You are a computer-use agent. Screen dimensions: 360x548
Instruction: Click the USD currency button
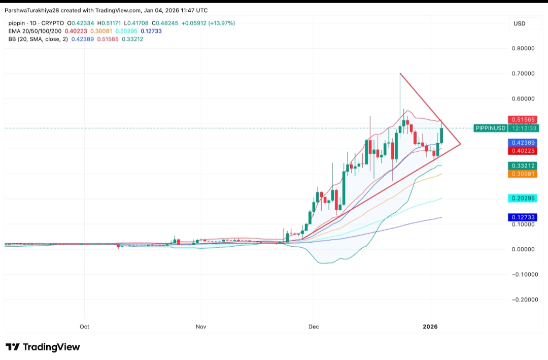[519, 23]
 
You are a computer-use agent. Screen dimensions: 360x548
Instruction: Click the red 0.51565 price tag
[523, 120]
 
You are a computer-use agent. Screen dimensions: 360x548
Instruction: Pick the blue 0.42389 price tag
[523, 143]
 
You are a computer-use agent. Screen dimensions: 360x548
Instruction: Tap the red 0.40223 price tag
[523, 151]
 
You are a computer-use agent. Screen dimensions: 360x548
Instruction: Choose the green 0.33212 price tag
[523, 166]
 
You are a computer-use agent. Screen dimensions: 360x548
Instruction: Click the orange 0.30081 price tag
[523, 174]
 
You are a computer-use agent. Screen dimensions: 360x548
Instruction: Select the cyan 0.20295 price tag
[523, 199]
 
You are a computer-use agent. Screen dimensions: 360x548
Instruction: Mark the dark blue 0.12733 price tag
[523, 217]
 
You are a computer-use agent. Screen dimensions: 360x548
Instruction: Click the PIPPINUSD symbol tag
[491, 128]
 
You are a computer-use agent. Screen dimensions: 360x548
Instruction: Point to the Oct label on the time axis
[84, 326]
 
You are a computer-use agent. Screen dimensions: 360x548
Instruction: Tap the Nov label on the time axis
[201, 326]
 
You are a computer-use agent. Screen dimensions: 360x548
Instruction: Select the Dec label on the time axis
[313, 326]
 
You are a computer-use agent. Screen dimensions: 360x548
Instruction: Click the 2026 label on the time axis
[430, 326]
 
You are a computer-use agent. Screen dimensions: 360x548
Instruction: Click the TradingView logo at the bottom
[43, 347]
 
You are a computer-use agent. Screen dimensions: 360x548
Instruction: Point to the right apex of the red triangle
[460, 145]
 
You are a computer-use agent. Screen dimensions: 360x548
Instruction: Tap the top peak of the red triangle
[400, 74]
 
